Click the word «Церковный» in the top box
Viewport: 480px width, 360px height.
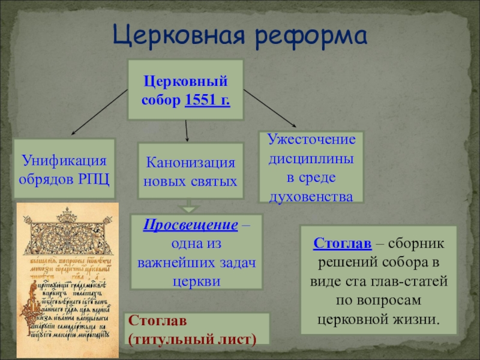coord(186,80)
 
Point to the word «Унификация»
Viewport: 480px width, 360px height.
coord(65,161)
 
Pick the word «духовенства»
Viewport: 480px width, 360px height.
coord(311,196)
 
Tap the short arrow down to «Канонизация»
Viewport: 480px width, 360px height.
coord(187,130)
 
